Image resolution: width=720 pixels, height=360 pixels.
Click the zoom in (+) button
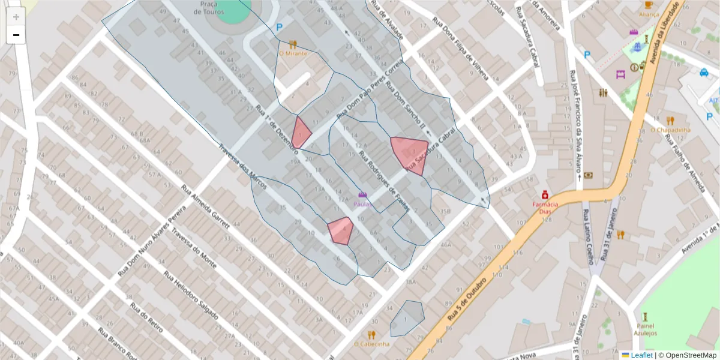16,17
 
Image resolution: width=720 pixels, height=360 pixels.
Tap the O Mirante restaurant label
293,54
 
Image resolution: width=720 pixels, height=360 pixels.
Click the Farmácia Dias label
545,207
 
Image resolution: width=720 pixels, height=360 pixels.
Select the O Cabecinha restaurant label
371,344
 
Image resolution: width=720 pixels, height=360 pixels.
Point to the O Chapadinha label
670,130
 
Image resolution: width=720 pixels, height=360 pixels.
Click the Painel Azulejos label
645,329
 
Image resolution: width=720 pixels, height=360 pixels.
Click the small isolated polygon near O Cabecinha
407,317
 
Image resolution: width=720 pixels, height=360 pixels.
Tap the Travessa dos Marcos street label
242,167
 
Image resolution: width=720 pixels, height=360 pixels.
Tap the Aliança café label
649,14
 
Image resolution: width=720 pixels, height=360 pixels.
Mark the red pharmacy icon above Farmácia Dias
545,195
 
